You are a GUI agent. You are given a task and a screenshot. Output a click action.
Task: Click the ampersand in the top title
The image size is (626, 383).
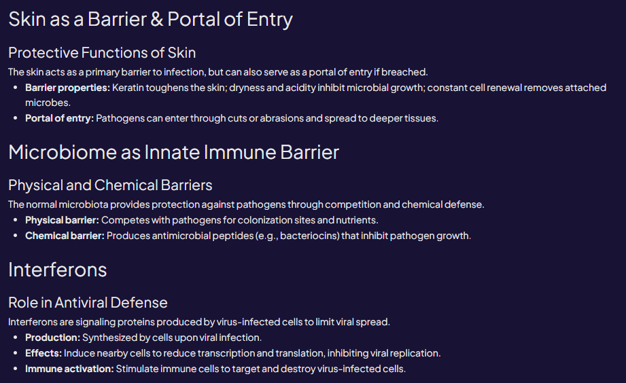156,20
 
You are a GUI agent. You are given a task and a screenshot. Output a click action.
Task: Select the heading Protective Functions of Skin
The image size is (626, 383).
102,52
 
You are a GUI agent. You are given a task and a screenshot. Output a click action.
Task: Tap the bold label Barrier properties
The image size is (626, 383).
67,88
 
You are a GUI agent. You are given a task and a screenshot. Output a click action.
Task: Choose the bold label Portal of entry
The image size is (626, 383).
59,118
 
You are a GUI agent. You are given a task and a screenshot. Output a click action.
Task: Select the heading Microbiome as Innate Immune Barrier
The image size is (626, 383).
173,152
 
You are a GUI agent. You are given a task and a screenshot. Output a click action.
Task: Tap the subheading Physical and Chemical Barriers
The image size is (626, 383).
110,185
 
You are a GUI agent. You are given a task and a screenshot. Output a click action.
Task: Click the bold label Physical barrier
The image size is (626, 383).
62,220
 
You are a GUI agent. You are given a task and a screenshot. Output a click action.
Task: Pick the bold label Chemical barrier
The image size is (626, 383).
65,236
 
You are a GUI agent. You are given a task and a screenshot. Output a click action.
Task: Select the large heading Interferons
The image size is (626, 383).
58,270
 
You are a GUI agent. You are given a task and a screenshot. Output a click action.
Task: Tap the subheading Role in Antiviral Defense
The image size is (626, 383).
88,302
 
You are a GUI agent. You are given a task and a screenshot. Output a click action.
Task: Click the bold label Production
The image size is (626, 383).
52,338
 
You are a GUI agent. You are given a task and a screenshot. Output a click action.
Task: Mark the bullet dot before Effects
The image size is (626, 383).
16,353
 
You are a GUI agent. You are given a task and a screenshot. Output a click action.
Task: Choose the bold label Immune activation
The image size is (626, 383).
69,369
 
